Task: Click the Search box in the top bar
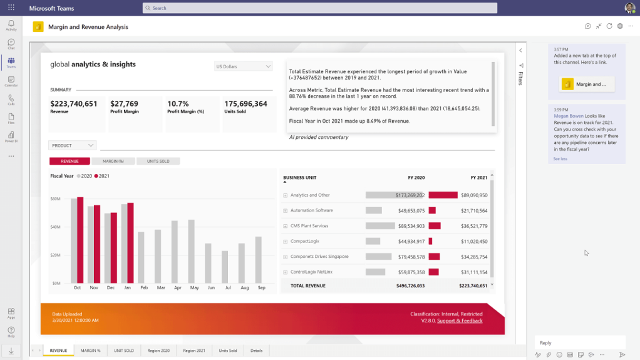[319, 8]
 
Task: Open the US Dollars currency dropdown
[243, 66]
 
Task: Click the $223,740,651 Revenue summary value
[74, 104]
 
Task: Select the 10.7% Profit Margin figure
[178, 104]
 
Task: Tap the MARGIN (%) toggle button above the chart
[113, 161]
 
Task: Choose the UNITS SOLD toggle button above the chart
[158, 161]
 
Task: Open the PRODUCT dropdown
[72, 145]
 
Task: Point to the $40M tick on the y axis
[55, 227]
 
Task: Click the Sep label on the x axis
[262, 288]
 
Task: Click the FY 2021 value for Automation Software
[474, 210]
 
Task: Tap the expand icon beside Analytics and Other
[285, 195]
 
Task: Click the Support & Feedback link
[460, 321]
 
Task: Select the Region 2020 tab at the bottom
[158, 351]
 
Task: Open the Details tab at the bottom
[256, 351]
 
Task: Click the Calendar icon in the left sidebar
[11, 81]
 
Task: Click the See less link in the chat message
[560, 158]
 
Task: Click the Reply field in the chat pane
[579, 342]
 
